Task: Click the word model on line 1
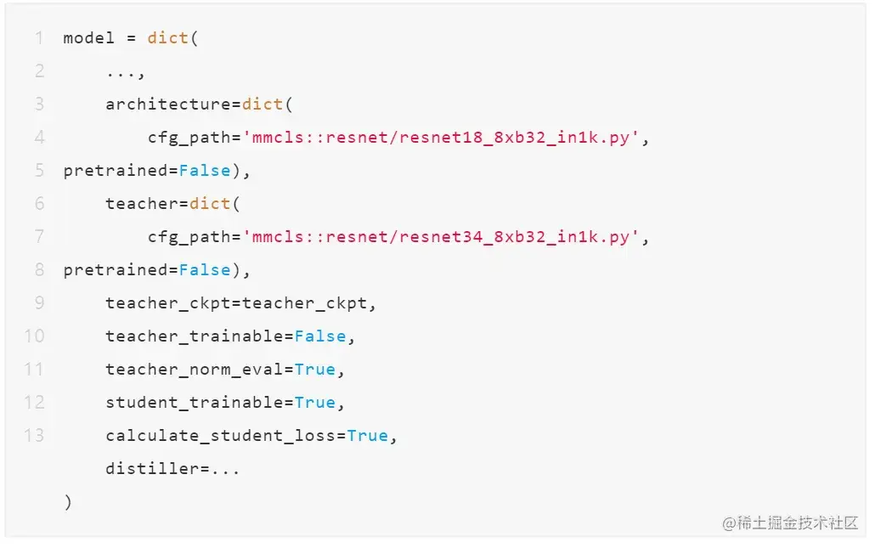(x=88, y=38)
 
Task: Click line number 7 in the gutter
(x=39, y=236)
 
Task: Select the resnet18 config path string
(x=445, y=138)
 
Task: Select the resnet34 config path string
(x=445, y=237)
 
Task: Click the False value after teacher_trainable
(x=320, y=336)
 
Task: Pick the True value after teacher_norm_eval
(x=315, y=370)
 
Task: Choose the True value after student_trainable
(x=315, y=403)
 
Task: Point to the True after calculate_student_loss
(x=368, y=436)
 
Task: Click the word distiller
(x=152, y=469)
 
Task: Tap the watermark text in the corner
(x=790, y=523)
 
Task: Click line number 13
(x=34, y=436)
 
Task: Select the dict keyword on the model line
(x=168, y=38)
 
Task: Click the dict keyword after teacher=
(x=211, y=204)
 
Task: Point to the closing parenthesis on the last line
(x=68, y=502)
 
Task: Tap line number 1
(x=39, y=38)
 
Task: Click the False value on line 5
(x=205, y=171)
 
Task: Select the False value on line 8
(x=205, y=270)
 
